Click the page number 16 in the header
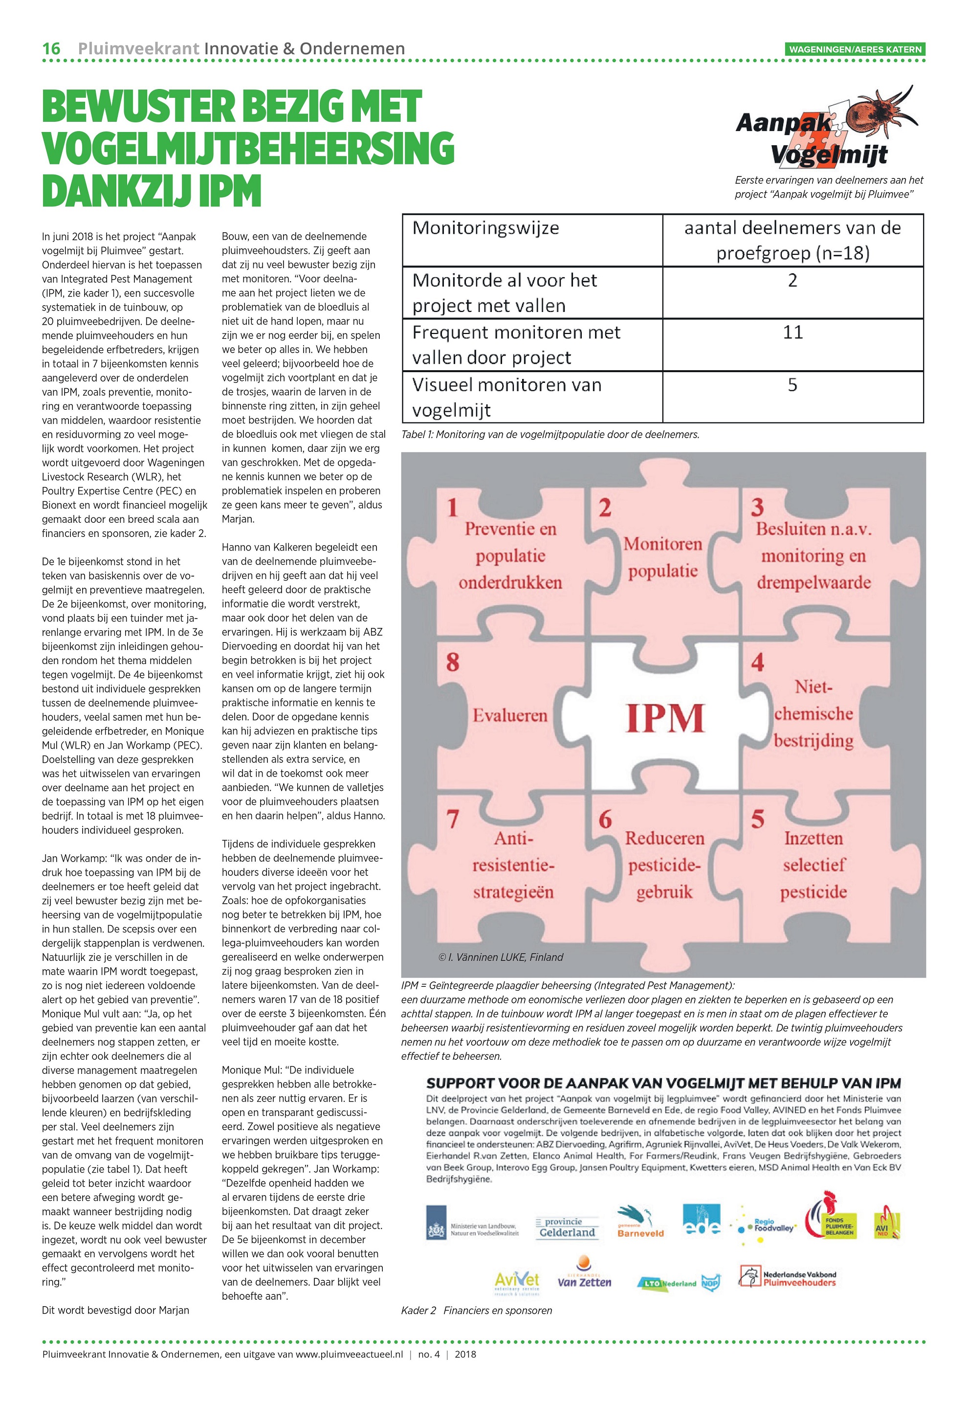51,48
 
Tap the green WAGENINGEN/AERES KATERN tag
855,49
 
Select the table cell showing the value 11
792,333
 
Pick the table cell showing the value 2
792,280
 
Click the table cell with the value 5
792,385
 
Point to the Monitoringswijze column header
485,229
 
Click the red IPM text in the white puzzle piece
665,718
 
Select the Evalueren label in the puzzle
510,715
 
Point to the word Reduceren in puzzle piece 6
665,838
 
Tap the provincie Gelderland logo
567,1227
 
